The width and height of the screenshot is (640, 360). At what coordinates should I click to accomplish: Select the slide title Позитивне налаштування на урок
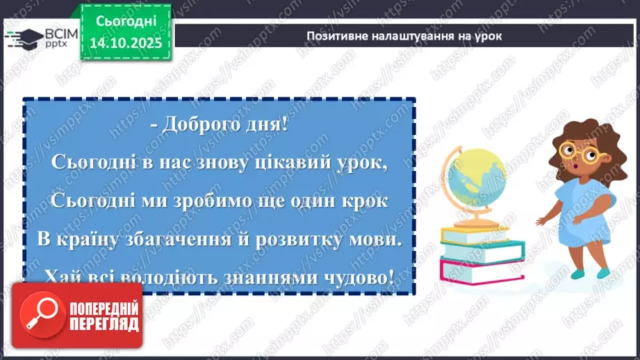(404, 36)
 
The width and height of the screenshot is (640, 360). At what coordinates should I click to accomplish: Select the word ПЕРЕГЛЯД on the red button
(104, 325)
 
